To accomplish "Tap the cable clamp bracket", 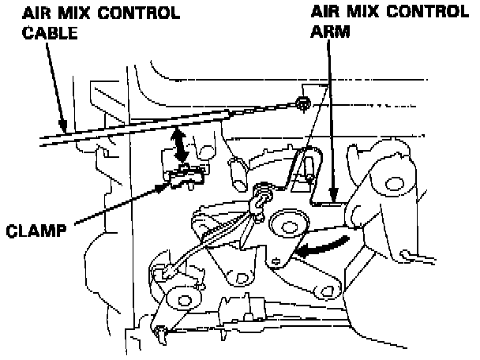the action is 184,174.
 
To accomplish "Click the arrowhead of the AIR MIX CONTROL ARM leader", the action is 335,197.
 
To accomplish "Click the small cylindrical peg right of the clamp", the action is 234,172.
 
